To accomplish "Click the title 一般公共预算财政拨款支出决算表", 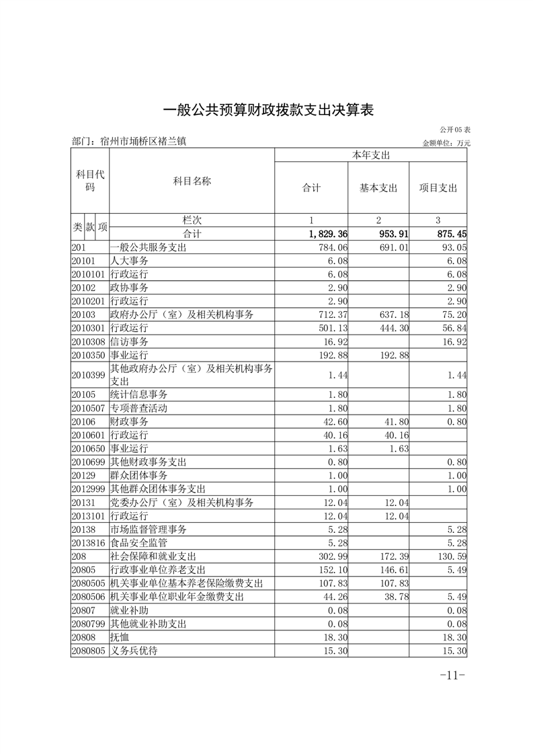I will click(x=267, y=110).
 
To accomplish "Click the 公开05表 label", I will click(x=455, y=129).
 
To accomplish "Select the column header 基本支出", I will click(x=378, y=188).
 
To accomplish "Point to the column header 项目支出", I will click(x=438, y=188).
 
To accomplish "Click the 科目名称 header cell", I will click(x=192, y=181).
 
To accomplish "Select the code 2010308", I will click(x=89, y=341).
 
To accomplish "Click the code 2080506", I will click(x=89, y=597).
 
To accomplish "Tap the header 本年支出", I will click(x=371, y=155).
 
